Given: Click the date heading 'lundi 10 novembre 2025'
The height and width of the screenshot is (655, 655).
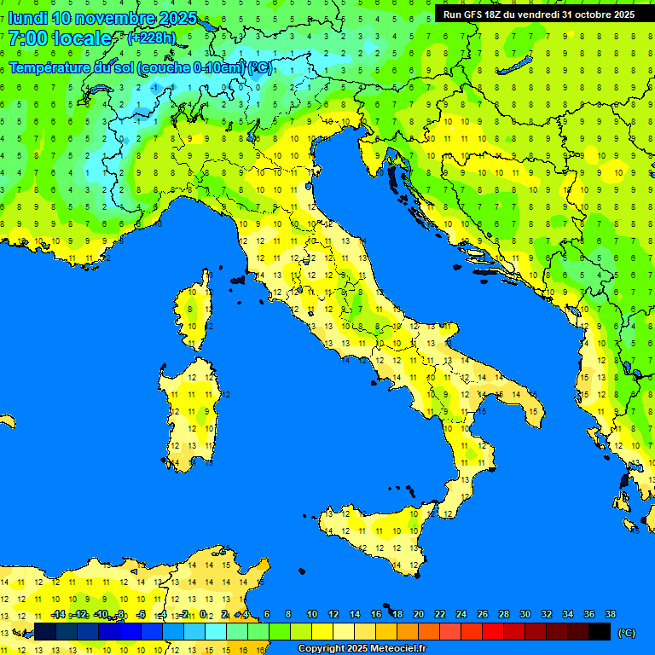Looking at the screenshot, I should [x=102, y=18].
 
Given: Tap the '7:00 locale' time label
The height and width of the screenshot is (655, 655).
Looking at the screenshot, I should [x=60, y=38].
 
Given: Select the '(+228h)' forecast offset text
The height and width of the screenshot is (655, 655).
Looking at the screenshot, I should [x=151, y=38].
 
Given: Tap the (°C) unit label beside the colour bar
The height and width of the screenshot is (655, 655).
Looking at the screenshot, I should [x=626, y=633].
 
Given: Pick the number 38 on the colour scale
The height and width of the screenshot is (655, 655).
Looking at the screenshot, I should [x=611, y=615].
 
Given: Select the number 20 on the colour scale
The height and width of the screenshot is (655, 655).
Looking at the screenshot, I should [x=418, y=615].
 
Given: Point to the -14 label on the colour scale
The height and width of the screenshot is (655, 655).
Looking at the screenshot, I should [x=58, y=615].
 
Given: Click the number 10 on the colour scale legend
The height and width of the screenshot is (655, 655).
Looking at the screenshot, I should [x=312, y=615].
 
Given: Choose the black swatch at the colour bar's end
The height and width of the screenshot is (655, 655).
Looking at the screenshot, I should [x=600, y=632].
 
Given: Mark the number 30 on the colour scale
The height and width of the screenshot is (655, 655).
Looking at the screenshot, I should [x=525, y=615].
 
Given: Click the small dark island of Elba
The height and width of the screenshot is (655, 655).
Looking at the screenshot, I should [x=238, y=279].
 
